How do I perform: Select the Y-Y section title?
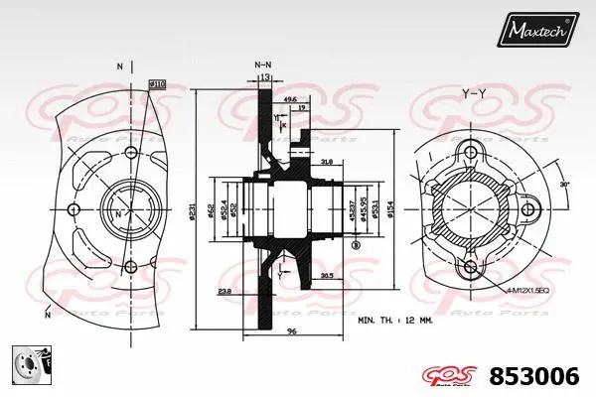474,93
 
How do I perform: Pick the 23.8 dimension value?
225,291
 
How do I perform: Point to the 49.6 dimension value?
290,99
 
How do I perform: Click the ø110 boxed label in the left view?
156,85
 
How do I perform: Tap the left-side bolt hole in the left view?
73,209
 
